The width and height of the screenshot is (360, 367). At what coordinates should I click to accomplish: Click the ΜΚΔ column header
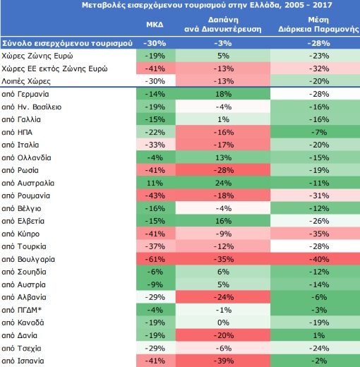click(x=155, y=25)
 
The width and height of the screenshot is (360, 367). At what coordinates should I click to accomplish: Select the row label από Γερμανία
click(x=25, y=94)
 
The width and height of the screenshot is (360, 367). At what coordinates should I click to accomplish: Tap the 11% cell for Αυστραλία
click(x=155, y=183)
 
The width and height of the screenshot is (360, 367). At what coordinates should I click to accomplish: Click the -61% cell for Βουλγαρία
click(x=155, y=259)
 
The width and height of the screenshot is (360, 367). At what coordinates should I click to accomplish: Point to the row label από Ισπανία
click(x=23, y=361)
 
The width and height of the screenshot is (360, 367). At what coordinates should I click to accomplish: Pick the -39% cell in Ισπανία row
click(x=223, y=361)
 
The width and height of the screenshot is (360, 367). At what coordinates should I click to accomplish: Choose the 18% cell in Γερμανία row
click(x=223, y=94)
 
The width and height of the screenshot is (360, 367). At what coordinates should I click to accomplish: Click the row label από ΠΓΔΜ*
click(x=22, y=310)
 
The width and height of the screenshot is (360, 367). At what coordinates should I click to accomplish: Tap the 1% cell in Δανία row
click(x=319, y=335)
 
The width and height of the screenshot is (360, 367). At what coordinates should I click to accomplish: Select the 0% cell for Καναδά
click(x=223, y=323)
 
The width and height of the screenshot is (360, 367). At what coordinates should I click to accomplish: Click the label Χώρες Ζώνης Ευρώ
click(x=37, y=56)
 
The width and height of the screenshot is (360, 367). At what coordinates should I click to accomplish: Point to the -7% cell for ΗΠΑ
click(x=319, y=132)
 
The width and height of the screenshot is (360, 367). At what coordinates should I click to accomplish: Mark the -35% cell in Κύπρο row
click(x=319, y=234)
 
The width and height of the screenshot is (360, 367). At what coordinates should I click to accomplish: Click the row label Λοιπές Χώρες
click(x=26, y=81)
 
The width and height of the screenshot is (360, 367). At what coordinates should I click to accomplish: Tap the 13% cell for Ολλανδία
click(x=223, y=157)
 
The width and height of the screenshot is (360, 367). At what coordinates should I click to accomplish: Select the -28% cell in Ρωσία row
click(x=223, y=170)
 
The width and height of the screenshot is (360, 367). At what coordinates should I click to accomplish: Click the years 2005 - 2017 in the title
click(x=308, y=5)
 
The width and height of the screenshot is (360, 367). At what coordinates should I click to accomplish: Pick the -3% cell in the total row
click(x=223, y=43)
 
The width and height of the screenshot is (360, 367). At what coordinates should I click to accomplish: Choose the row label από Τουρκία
click(x=24, y=246)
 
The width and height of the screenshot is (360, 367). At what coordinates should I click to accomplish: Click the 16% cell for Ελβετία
click(x=223, y=221)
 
